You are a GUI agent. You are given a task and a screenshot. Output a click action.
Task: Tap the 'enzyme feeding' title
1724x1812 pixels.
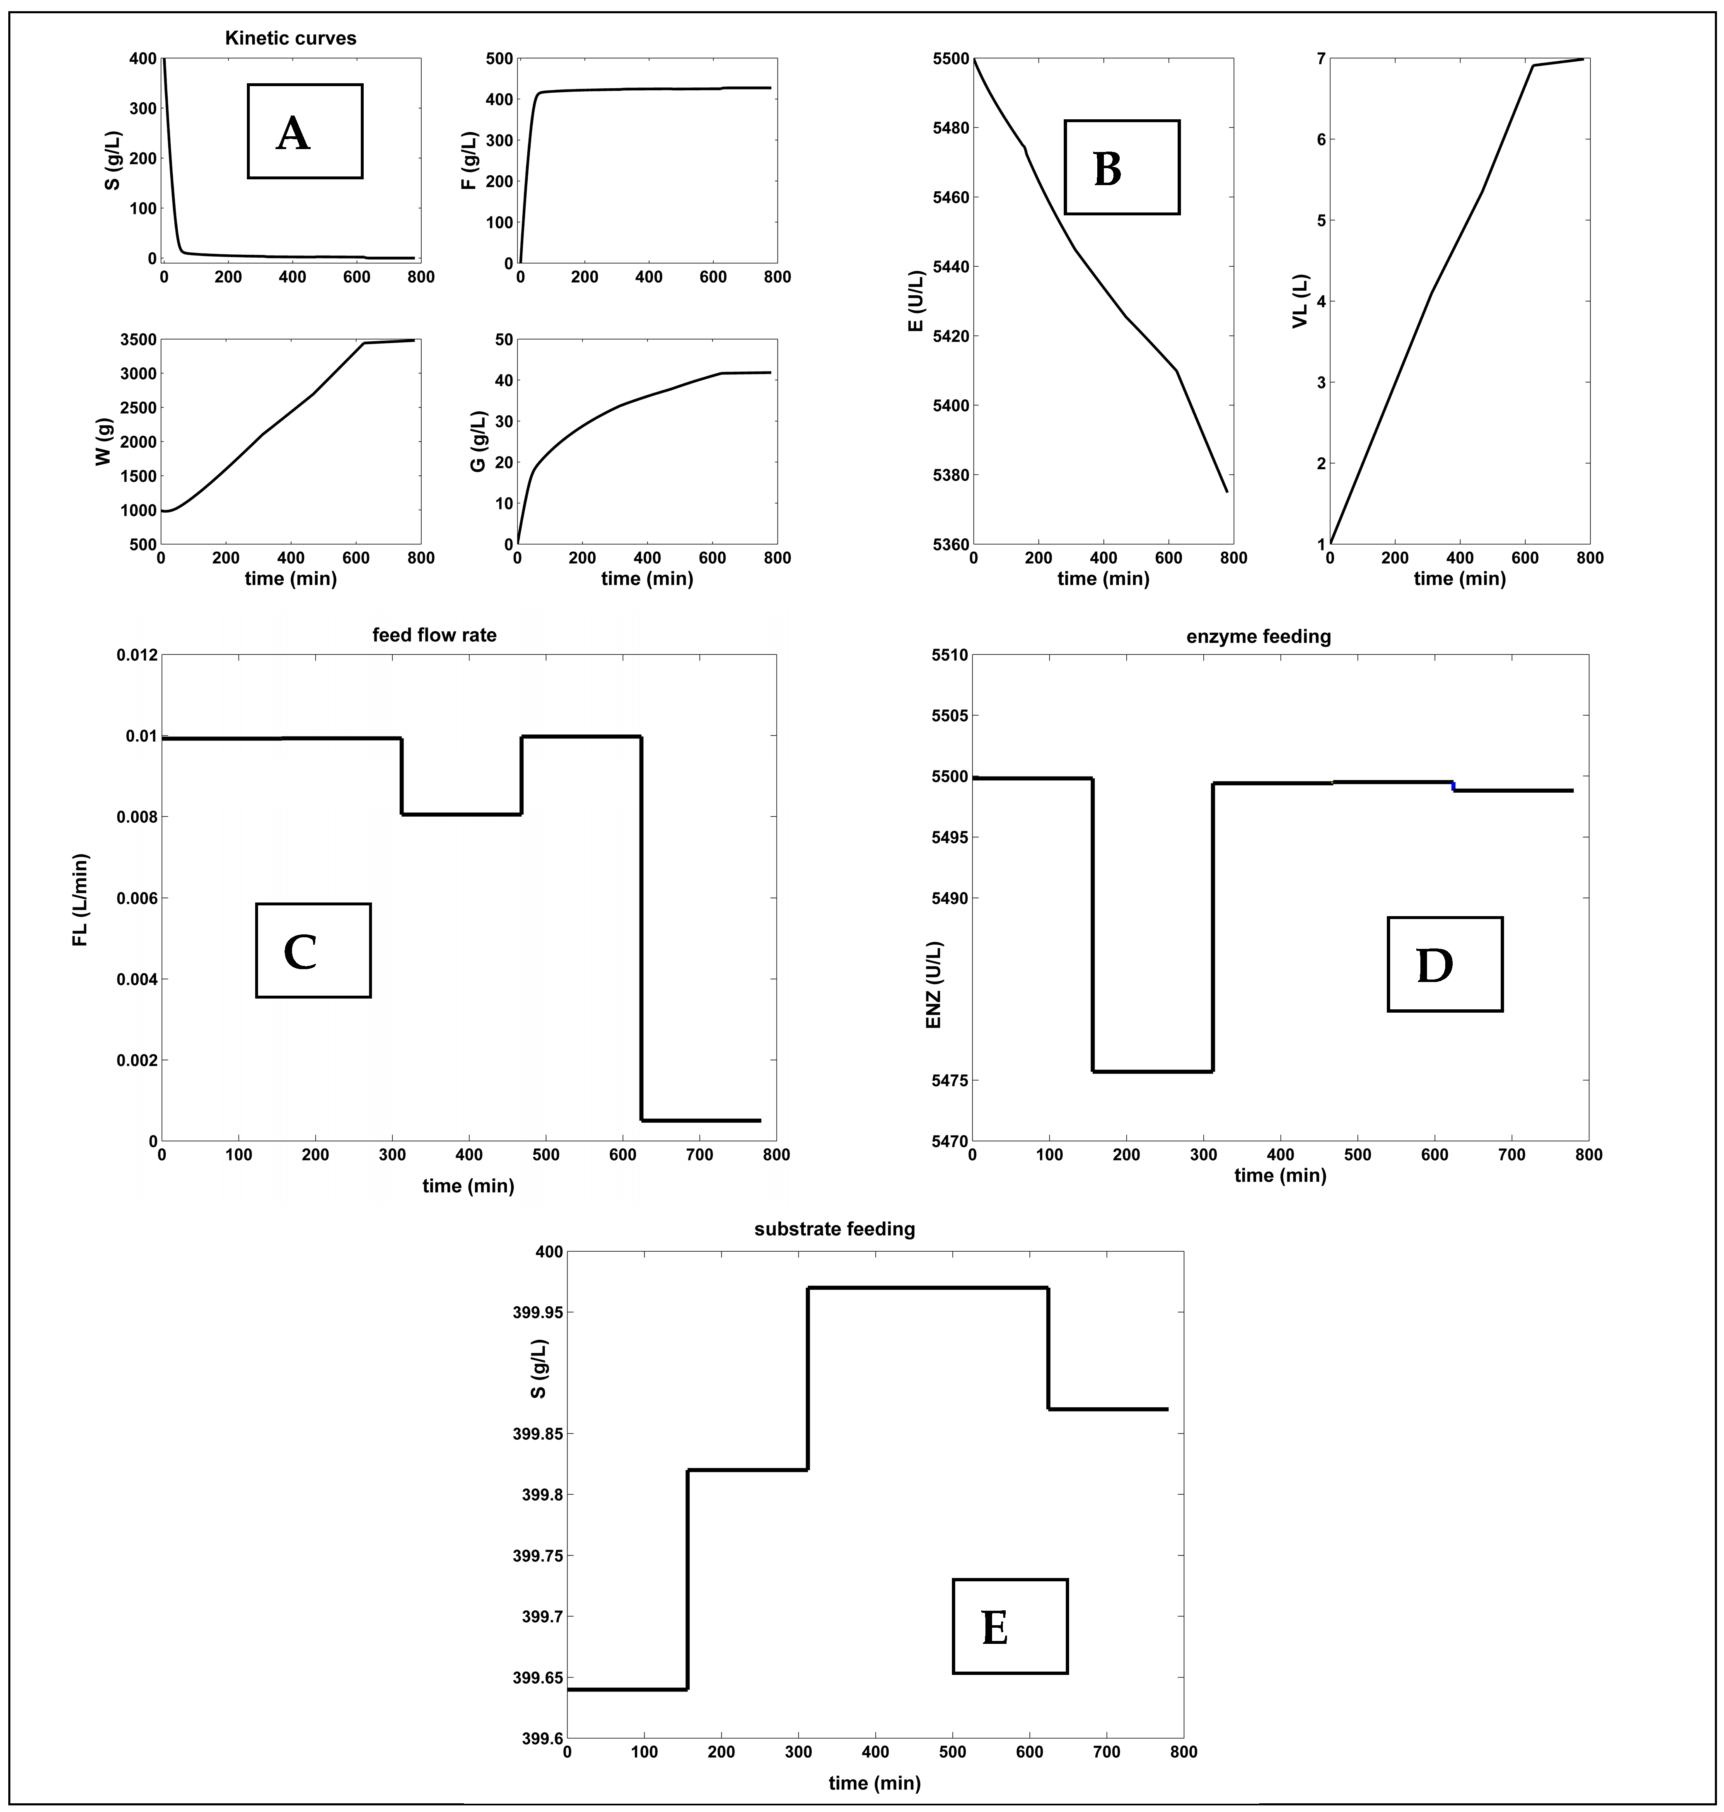pyautogui.click(x=1258, y=636)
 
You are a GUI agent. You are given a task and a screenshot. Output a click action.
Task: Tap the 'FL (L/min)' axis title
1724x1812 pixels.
pyautogui.click(x=81, y=900)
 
